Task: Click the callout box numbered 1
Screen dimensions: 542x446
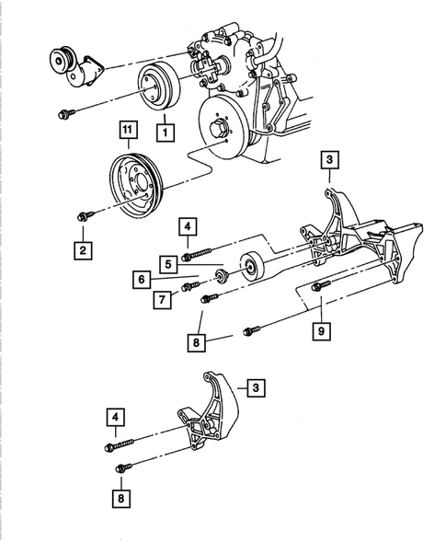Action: [165, 133]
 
